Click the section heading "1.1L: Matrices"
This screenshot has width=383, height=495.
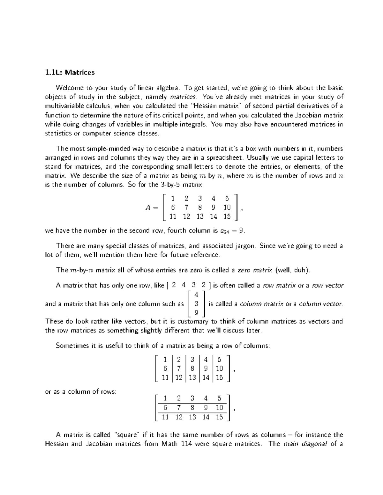70,72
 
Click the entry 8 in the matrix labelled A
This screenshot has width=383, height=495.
200,207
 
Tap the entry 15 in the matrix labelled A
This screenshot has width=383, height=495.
227,217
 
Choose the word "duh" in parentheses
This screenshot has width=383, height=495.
301,270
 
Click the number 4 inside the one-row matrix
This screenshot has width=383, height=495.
183,285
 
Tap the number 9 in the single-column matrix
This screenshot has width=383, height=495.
196,313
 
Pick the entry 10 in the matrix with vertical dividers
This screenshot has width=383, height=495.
219,369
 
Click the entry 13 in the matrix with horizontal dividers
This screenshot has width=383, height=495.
192,417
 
